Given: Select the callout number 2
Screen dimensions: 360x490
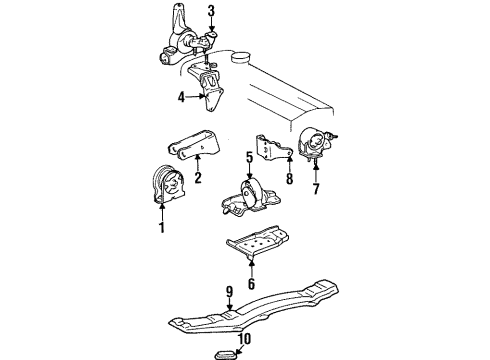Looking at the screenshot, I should tap(198, 181).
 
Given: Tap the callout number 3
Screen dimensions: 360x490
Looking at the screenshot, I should tap(211, 12).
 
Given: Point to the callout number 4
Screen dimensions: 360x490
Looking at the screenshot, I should tap(181, 97).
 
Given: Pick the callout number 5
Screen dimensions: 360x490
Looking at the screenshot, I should tap(248, 156).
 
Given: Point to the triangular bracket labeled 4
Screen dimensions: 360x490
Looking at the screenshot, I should tap(213, 88).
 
